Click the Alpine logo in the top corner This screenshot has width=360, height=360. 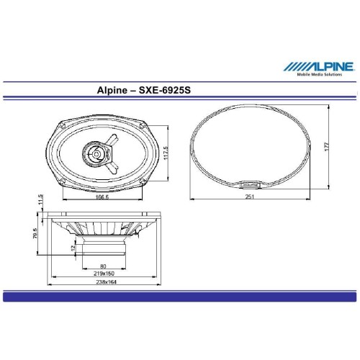[318, 66]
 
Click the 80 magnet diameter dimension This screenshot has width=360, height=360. [103, 266]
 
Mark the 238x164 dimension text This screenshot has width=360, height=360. [103, 283]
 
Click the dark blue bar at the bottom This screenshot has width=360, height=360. [180, 296]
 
